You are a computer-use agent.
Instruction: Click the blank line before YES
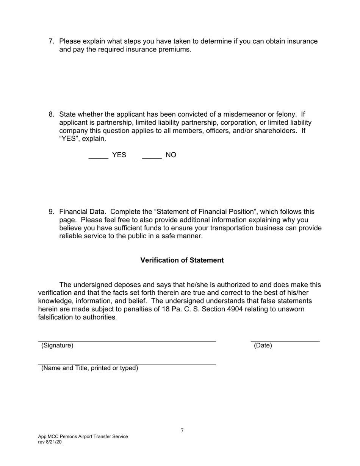99,158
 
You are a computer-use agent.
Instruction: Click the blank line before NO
152,158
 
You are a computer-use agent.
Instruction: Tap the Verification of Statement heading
182,260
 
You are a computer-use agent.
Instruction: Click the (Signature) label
57,346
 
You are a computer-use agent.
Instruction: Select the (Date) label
263,346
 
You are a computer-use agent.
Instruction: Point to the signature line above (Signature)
127,341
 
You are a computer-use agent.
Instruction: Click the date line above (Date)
285,341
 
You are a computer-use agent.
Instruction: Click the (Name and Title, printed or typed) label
89,368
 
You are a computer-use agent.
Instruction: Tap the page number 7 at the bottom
182,431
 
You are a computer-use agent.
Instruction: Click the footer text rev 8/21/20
50,442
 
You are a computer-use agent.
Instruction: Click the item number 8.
52,114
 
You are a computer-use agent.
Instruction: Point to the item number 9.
52,212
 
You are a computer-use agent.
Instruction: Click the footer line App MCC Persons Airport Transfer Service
83,436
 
